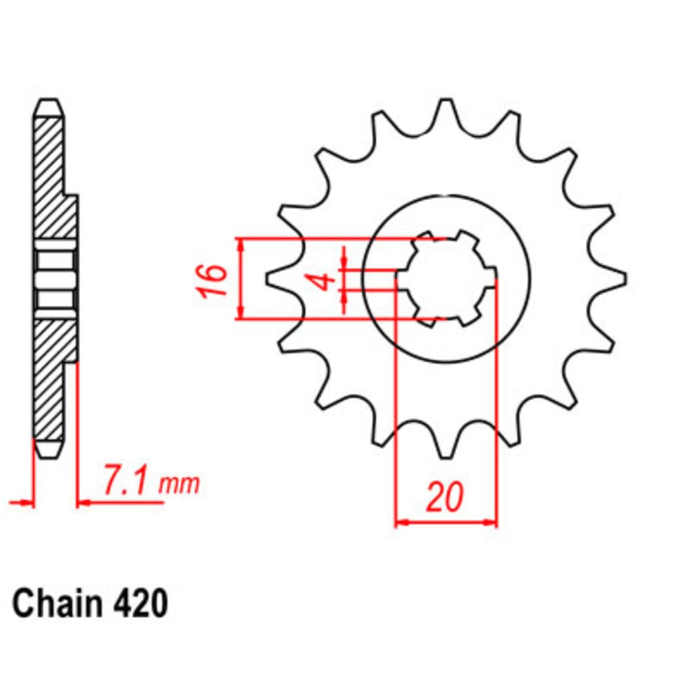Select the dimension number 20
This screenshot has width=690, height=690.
pos(444,498)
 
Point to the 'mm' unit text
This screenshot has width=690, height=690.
pos(179,484)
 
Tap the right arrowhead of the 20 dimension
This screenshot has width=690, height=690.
pos(491,522)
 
